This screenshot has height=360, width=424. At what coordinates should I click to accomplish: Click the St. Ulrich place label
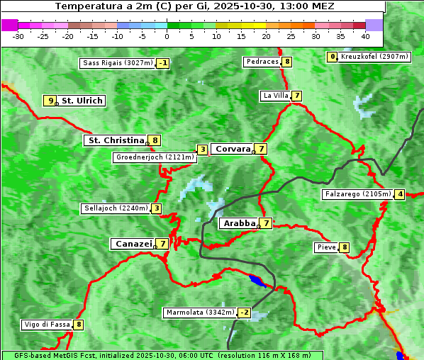pyautogui.click(x=82, y=101)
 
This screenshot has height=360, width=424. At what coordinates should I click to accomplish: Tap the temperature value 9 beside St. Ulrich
pyautogui.click(x=50, y=101)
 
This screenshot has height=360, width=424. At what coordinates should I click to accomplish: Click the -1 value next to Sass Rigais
pyautogui.click(x=163, y=63)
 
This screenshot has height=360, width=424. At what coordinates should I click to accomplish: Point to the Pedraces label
pyautogui.click(x=262, y=62)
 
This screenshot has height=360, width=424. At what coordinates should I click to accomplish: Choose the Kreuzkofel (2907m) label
pyautogui.click(x=374, y=57)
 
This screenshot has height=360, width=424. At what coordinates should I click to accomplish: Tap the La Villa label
pyautogui.click(x=275, y=96)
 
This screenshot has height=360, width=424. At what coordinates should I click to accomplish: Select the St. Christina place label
pyautogui.click(x=115, y=140)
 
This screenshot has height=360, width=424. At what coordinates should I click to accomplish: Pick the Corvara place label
pyautogui.click(x=233, y=149)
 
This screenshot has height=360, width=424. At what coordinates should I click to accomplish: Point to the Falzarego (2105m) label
pyautogui.click(x=357, y=194)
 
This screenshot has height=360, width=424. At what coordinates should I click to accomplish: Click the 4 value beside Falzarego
pyautogui.click(x=400, y=194)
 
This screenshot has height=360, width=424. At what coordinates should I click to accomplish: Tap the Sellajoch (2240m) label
pyautogui.click(x=116, y=208)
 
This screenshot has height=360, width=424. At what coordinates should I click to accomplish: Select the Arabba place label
pyautogui.click(x=239, y=223)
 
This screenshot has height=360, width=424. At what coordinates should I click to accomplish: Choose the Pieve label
pyautogui.click(x=326, y=247)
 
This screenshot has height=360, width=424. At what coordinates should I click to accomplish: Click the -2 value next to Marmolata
pyautogui.click(x=245, y=313)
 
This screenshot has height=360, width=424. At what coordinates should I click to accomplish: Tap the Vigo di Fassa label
pyautogui.click(x=48, y=325)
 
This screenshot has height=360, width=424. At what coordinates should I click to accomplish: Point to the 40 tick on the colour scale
pyautogui.click(x=365, y=35)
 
